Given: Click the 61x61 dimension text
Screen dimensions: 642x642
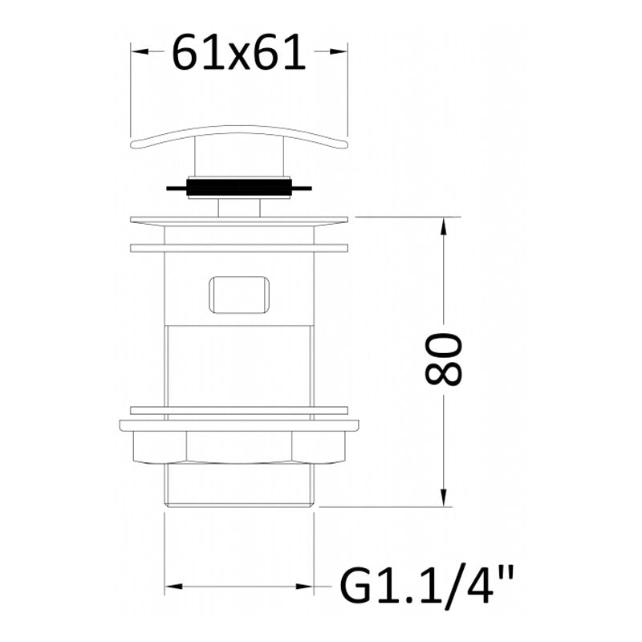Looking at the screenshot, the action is pos(238,51).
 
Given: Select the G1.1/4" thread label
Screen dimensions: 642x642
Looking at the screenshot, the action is pos(426,586).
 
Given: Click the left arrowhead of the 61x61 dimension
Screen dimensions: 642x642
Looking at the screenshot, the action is pos(139,51).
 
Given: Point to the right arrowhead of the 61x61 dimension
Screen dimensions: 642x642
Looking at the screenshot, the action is pos(339,51).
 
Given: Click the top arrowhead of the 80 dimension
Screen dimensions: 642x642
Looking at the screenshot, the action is pos(444,226).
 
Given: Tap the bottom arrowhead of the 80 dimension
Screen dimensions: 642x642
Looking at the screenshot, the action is pos(444,498).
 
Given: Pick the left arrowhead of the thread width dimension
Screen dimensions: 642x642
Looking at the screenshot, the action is pos(173,587).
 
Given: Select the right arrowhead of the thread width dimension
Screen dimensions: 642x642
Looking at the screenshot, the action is pos(305,587).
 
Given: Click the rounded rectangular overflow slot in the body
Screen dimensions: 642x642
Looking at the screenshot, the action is pos(239,295).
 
